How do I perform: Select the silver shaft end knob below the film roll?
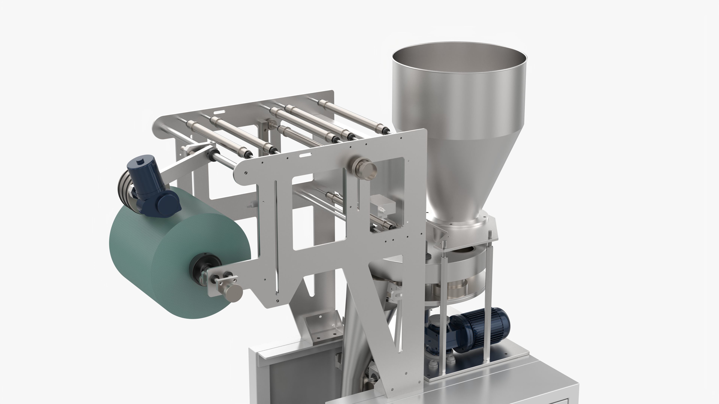pos(234,293)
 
